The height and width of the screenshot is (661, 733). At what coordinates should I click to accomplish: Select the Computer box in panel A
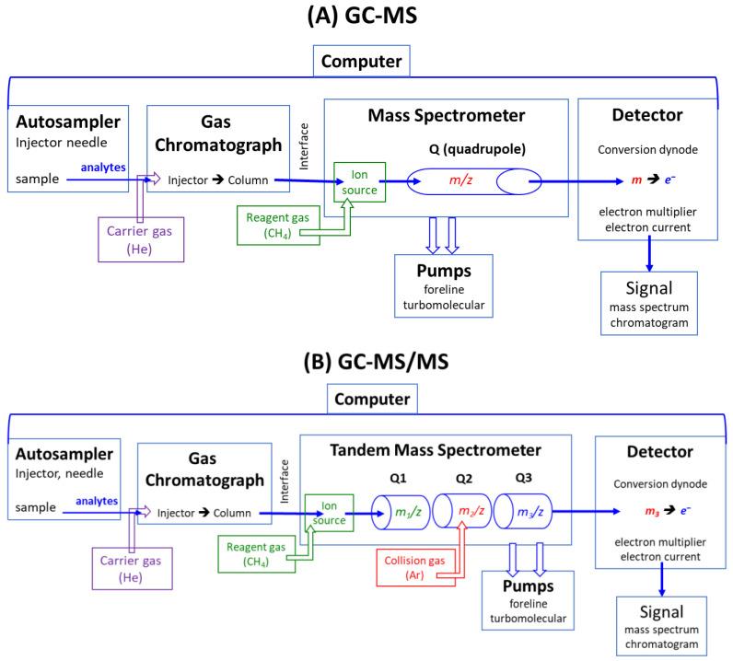pyautogui.click(x=366, y=64)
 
